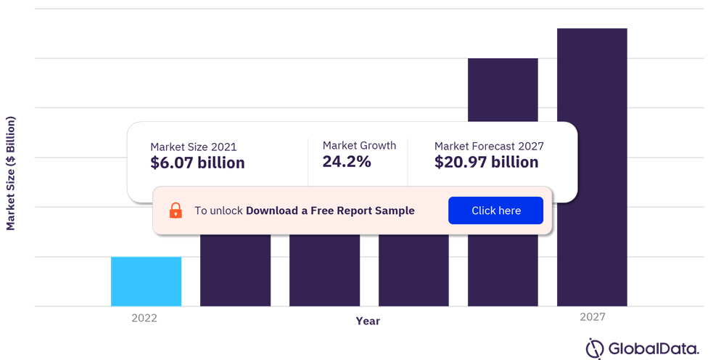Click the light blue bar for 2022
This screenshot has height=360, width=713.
click(146, 281)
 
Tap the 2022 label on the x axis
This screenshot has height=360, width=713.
click(144, 318)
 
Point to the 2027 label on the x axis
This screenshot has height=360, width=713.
click(593, 317)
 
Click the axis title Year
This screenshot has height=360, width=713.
click(368, 321)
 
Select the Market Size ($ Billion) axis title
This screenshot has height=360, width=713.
click(11, 173)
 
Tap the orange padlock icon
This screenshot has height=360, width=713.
click(176, 210)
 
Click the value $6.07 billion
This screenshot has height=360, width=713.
click(197, 163)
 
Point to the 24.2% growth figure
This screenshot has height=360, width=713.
click(347, 161)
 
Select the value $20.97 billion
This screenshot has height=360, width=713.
click(486, 162)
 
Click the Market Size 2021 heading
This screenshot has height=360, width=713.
click(193, 146)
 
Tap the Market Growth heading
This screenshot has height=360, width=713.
click(359, 145)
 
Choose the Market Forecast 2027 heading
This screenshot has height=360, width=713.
click(489, 146)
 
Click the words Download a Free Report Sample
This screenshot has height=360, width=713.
click(330, 210)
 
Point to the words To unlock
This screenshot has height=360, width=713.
click(218, 210)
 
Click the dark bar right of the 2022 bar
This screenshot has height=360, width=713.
click(236, 270)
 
